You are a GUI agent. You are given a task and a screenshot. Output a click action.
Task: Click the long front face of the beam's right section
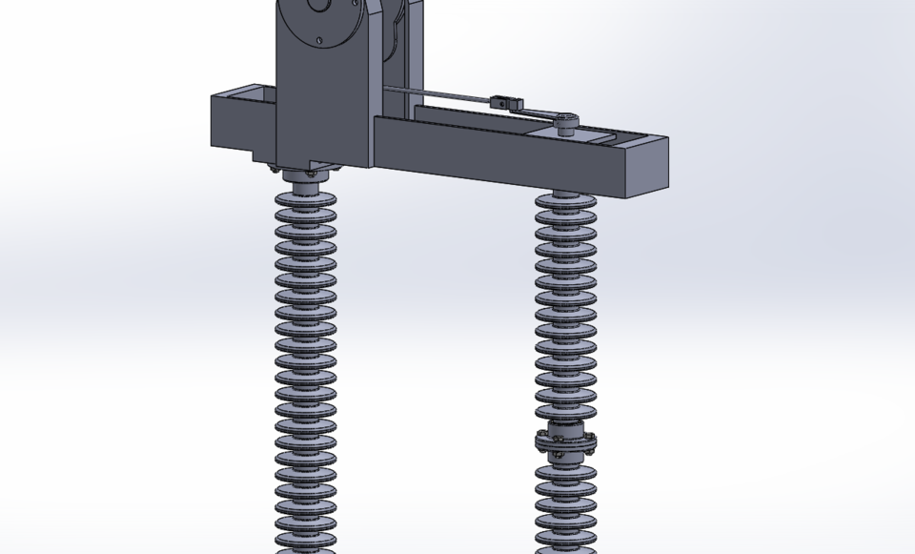click(496, 153)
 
